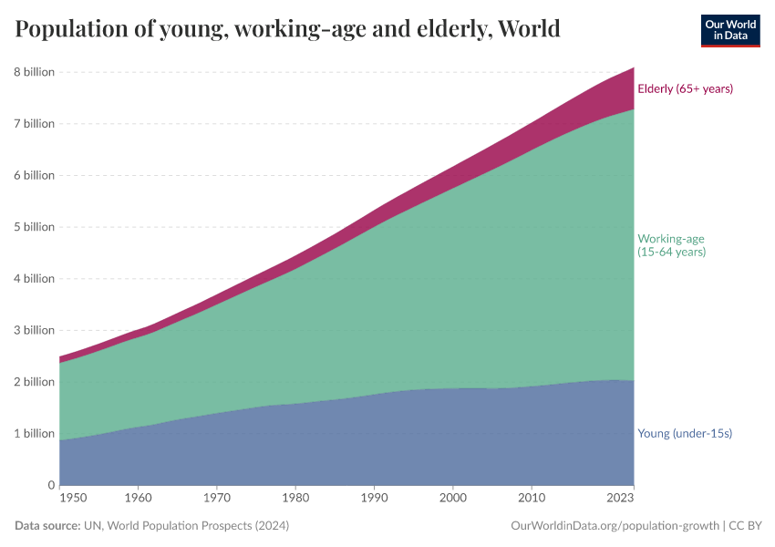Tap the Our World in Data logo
[729, 30]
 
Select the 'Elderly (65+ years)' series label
[685, 88]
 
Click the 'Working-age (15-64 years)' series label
[671, 245]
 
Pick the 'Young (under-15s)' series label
[684, 433]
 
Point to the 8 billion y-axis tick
[34, 72]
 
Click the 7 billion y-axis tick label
[34, 123]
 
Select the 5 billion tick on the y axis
[34, 227]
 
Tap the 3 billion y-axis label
[34, 330]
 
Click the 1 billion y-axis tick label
[34, 433]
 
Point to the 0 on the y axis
[51, 485]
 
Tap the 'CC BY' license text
[745, 526]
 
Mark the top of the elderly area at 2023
[633, 68]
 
